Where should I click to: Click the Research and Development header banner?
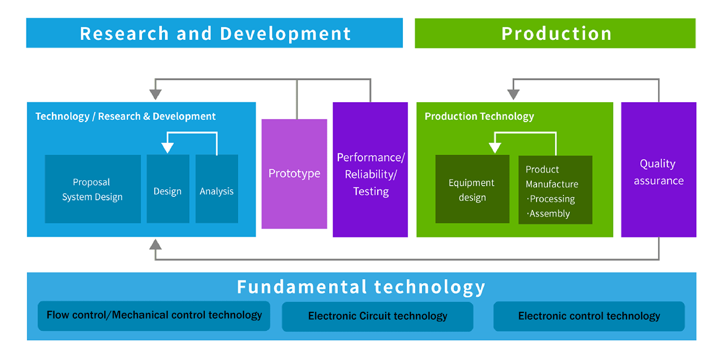(214, 33)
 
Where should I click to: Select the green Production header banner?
(555, 33)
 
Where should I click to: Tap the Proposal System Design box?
(93, 189)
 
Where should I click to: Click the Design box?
(168, 189)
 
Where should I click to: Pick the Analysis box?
(216, 189)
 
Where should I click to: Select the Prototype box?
(294, 174)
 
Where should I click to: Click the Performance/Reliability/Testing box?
(370, 170)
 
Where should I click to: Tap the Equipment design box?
(472, 189)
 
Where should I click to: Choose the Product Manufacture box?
(555, 190)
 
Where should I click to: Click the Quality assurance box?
(659, 170)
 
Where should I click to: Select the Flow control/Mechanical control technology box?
(154, 316)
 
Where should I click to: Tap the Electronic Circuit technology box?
(378, 317)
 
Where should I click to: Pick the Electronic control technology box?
(589, 316)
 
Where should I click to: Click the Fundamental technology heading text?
(361, 287)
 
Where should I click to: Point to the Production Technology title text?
(479, 116)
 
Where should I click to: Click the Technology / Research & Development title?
(126, 116)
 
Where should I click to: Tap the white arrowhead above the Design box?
(168, 148)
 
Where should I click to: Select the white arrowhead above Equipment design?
(495, 148)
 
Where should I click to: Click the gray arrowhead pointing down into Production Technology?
(513, 95)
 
